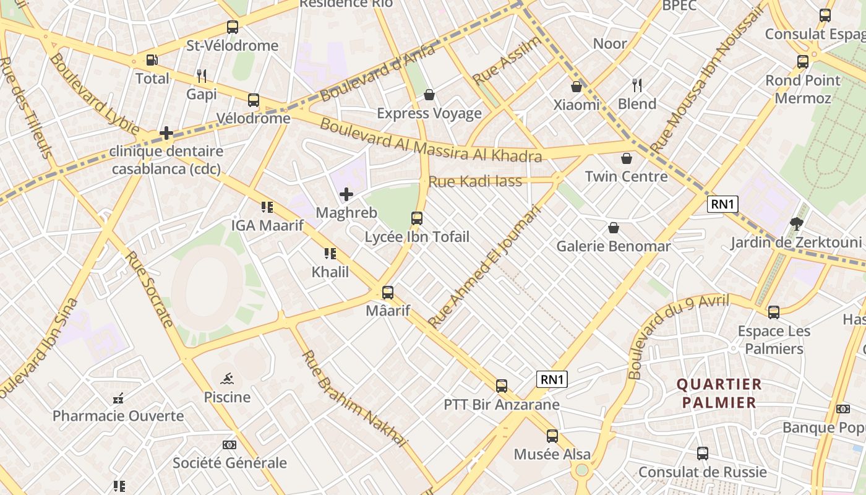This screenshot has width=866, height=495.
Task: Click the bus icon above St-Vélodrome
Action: pos(233,27)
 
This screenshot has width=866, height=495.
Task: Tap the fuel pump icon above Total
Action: pos(152,60)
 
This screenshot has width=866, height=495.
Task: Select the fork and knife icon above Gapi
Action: pos(201,76)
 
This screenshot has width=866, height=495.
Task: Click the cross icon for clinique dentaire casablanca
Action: pos(166,132)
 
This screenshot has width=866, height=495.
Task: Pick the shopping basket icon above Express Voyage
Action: pos(429,95)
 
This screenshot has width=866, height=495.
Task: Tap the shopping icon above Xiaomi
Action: pos(577,87)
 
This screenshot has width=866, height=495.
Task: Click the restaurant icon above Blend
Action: pos(637,85)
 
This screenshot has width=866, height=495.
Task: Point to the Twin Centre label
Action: pos(626,176)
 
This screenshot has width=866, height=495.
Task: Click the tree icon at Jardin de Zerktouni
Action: pos(796,224)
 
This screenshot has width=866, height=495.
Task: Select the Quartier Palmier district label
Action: pos(719,393)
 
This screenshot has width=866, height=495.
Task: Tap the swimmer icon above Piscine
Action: pos(227,379)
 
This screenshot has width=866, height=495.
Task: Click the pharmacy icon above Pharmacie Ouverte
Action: pos(118,398)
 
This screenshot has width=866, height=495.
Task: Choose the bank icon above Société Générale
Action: pos(229,445)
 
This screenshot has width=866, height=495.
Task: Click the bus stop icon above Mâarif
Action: pos(388,292)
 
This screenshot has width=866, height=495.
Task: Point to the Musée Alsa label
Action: pos(552,454)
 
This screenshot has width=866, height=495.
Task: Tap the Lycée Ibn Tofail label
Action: pos(416,237)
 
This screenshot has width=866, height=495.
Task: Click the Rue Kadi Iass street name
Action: pos(475,181)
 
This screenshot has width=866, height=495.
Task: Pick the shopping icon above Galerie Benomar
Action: pos(614,228)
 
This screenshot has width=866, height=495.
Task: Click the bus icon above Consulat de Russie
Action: pos(703,454)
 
